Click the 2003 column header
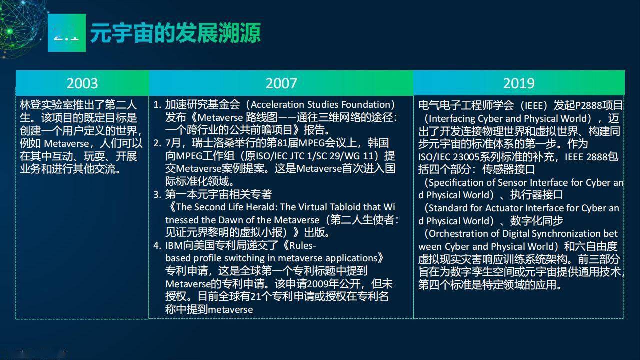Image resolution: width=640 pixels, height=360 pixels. [x=82, y=83]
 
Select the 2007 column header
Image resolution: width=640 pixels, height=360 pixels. [x=281, y=83]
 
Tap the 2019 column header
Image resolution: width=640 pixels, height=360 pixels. [x=519, y=83]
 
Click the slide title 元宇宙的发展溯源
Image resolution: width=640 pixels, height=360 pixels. [x=175, y=33]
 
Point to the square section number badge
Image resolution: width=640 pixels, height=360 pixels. [x=67, y=33]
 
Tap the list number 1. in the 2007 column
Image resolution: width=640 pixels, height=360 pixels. [x=157, y=105]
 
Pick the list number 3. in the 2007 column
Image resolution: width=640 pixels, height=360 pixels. [x=157, y=195]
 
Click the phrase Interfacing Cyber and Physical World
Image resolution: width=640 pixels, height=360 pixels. [x=507, y=118]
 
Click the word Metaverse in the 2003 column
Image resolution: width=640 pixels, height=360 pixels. [x=66, y=143]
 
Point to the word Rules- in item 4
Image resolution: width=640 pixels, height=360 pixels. [x=303, y=245]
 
